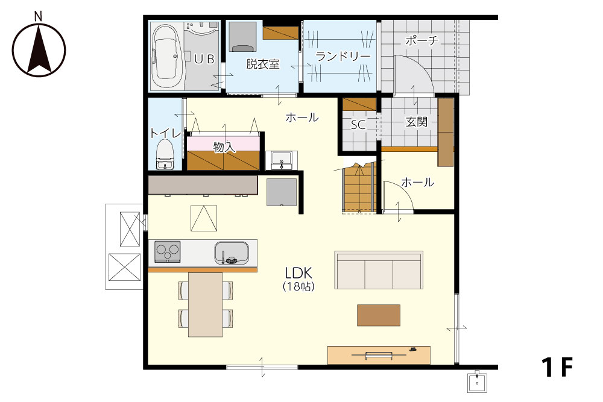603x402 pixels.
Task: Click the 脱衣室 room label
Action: click(263, 64)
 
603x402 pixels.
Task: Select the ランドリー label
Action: click(343, 57)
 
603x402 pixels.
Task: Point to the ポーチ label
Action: click(422, 40)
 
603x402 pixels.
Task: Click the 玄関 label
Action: click(417, 122)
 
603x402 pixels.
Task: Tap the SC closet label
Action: click(358, 125)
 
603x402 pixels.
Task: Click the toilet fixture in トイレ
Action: click(165, 154)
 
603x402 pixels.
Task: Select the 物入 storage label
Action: click(224, 147)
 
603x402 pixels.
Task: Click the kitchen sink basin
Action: click(232, 253)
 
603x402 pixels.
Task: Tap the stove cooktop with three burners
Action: click(167, 252)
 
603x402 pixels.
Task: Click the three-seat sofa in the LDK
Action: click(379, 270)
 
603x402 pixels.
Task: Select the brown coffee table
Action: click(379, 315)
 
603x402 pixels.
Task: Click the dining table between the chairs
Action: click(206, 304)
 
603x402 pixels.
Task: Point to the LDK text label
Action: click(298, 273)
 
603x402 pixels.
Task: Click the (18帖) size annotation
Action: click(298, 286)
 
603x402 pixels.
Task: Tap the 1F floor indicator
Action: click(557, 367)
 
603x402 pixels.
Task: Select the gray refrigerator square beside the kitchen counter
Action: click(282, 192)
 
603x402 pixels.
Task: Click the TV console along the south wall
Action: click(379, 355)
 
